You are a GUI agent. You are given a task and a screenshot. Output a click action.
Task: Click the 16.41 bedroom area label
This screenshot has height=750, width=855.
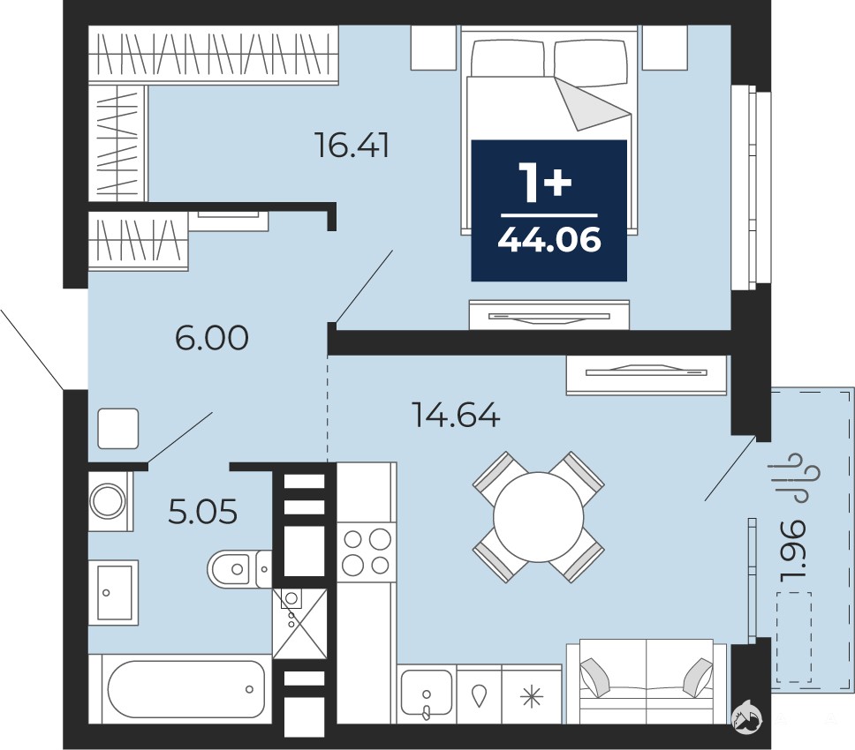352,146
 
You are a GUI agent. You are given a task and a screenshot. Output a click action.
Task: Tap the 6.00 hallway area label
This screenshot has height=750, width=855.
212,338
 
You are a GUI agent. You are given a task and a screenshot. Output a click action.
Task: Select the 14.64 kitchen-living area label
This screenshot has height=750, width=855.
456,415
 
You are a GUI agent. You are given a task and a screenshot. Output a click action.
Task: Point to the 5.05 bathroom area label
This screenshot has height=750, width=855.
203,512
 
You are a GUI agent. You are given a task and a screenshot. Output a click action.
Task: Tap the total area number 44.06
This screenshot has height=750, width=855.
549,239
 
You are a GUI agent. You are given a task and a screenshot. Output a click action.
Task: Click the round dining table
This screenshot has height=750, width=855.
538,517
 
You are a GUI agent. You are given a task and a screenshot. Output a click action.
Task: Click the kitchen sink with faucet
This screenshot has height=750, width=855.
427,694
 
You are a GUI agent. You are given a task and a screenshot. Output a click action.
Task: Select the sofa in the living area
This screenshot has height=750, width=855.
647,681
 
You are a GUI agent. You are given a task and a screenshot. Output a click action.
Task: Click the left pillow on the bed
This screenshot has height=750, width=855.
507,58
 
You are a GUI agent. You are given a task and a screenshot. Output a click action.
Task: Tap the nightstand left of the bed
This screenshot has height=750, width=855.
434,48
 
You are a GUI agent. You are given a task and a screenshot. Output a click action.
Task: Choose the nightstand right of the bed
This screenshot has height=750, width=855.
665,48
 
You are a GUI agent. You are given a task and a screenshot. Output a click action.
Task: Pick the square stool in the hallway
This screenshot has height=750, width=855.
118,429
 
